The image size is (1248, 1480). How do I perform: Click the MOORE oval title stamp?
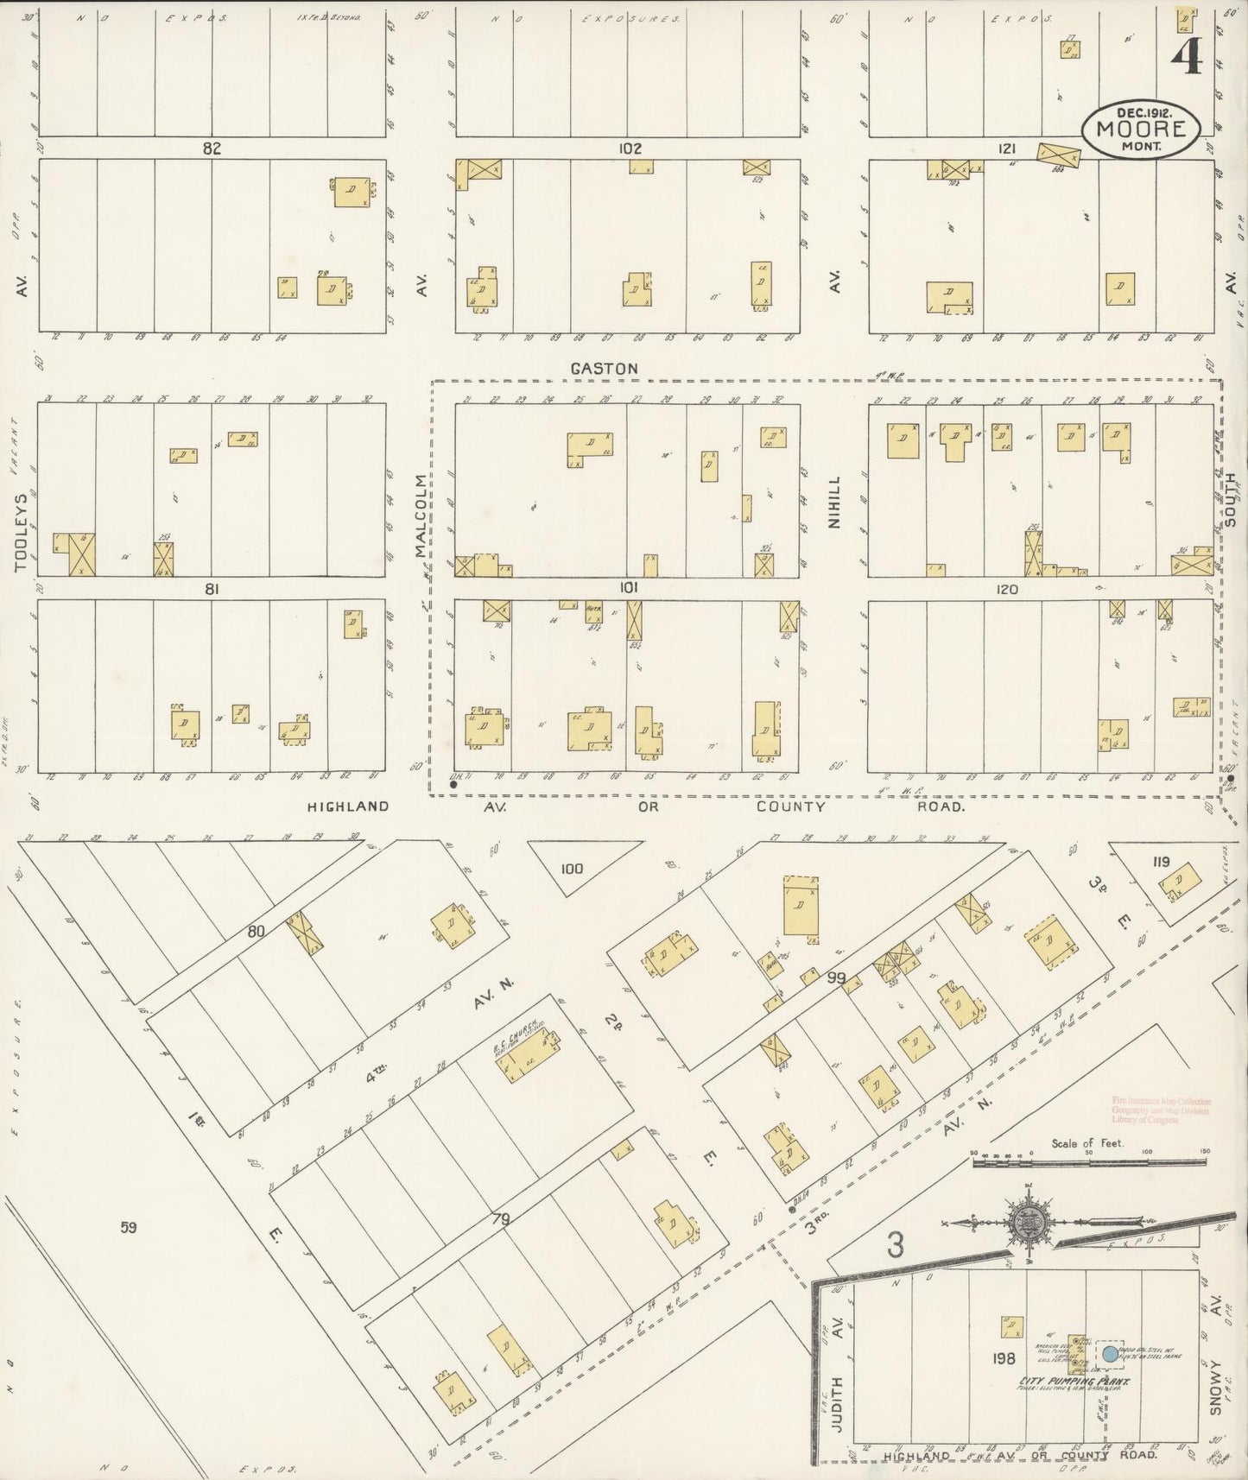(x=1140, y=130)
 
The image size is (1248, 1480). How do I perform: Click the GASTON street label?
(x=604, y=369)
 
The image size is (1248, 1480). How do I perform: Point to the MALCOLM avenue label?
(x=421, y=515)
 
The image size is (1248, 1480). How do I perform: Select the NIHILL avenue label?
(x=833, y=503)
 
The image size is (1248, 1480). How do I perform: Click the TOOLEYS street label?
(x=21, y=533)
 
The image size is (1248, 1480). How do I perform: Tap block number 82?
(x=212, y=149)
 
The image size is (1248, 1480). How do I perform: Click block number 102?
(x=630, y=149)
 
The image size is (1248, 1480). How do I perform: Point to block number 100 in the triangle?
(x=572, y=869)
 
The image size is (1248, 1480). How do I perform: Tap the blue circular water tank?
(x=1111, y=1355)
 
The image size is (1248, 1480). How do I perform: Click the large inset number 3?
(x=896, y=1247)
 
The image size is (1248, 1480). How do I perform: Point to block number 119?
(x=1159, y=861)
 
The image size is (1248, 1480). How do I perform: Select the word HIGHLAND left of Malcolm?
(x=348, y=806)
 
